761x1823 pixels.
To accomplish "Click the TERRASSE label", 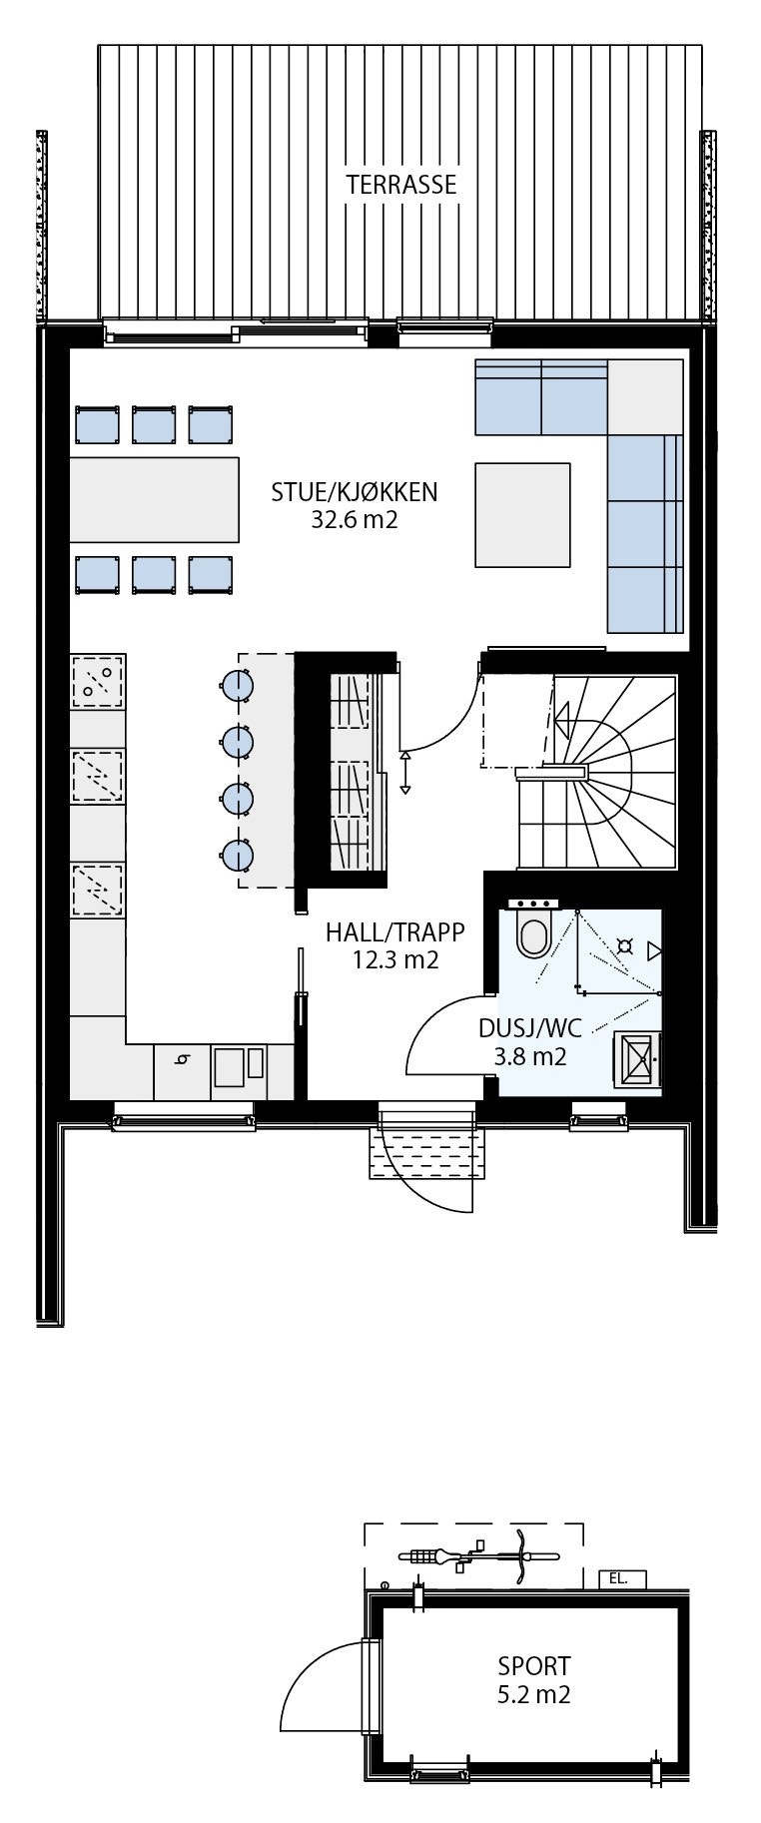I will tap(400, 185).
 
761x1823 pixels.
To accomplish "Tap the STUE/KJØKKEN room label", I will tap(355, 491).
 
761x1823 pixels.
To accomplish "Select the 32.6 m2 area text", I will tap(355, 519).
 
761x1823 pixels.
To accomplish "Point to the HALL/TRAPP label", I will tap(394, 932).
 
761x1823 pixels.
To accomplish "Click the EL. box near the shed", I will tap(621, 1579).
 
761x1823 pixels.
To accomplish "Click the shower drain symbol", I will tap(625, 944).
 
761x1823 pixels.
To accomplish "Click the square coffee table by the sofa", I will tap(522, 514).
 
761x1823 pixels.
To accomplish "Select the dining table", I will tap(155, 497).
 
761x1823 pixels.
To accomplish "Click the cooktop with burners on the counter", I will tap(98, 682).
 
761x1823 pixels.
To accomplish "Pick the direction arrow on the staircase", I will tap(561, 715).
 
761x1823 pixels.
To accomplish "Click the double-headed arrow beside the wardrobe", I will tap(405, 774).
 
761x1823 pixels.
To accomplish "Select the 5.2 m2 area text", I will tap(534, 1694).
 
